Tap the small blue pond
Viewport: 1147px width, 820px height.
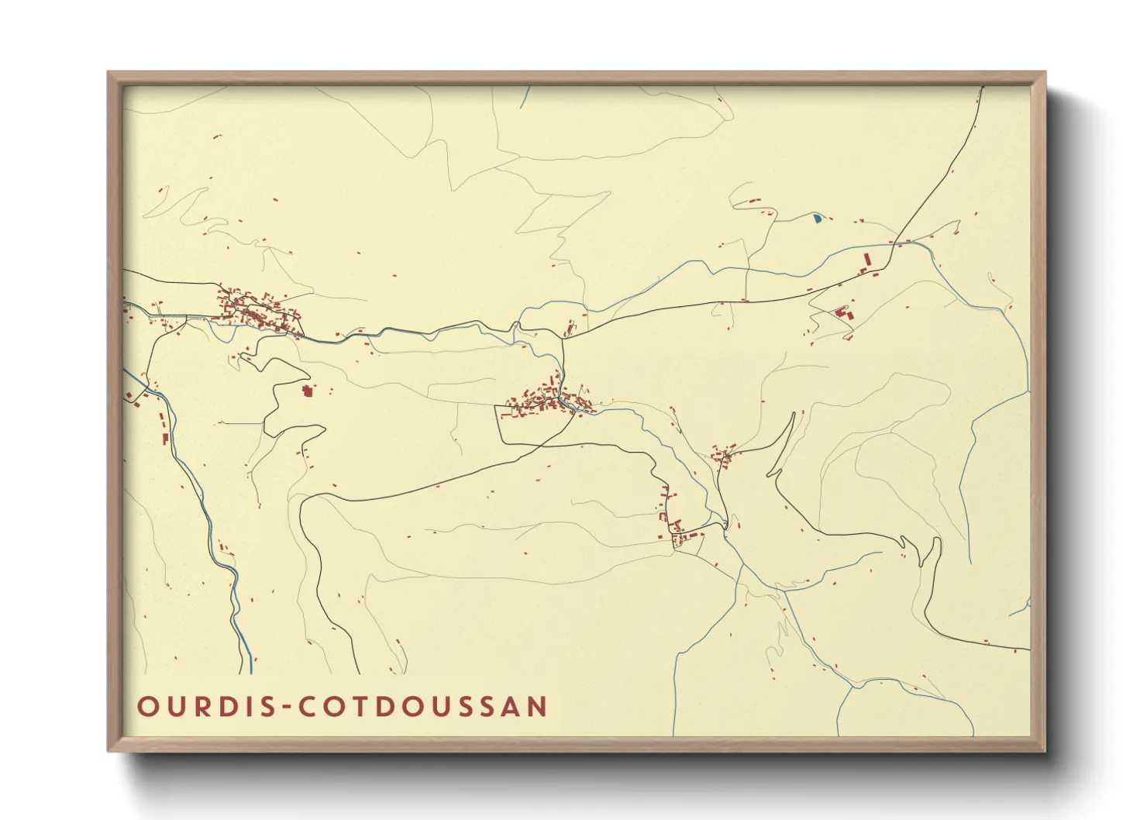click(818, 219)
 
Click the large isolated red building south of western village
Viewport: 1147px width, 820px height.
click(307, 390)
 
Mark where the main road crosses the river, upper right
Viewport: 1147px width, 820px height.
click(892, 243)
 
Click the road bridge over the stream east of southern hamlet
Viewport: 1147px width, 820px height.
click(724, 525)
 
